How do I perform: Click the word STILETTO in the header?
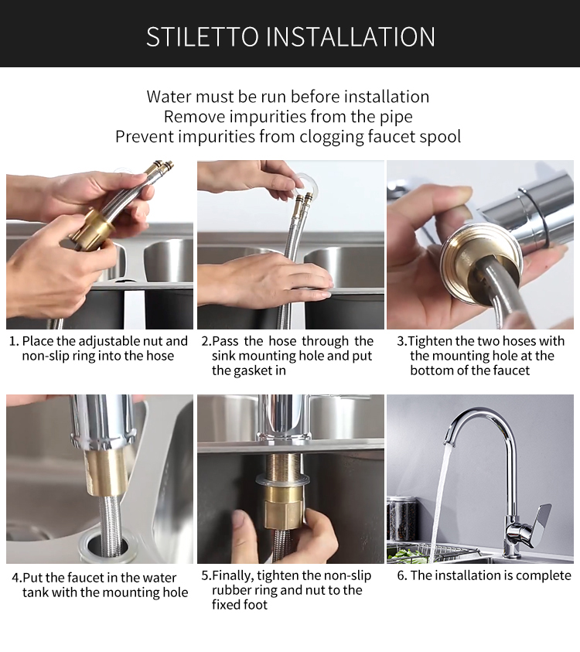(x=202, y=36)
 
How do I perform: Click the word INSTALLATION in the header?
(x=350, y=36)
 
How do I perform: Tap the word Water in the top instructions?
(x=169, y=97)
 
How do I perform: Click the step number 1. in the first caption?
(x=14, y=341)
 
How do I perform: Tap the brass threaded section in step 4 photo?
(x=107, y=473)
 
